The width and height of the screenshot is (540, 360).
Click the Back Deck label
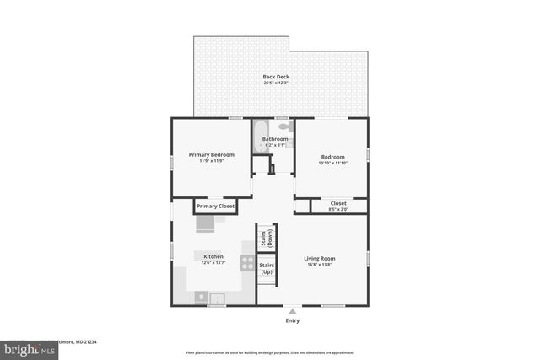click(x=276, y=77)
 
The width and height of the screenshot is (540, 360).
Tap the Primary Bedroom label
click(x=211, y=154)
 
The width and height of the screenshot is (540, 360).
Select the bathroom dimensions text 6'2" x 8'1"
click(x=276, y=145)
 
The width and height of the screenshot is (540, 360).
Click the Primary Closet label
click(x=214, y=206)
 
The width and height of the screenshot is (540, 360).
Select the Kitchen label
click(x=212, y=256)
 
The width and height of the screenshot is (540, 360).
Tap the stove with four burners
click(x=248, y=262)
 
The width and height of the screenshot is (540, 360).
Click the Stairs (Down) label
click(x=267, y=238)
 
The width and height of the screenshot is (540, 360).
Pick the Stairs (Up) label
click(x=267, y=269)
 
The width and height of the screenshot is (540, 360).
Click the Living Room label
click(x=320, y=258)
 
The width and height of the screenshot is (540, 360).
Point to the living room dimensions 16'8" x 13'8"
click(x=320, y=265)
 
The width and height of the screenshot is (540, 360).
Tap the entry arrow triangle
click(x=292, y=309)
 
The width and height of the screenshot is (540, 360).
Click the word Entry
click(x=292, y=320)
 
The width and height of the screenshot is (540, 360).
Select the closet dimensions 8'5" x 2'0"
click(x=337, y=209)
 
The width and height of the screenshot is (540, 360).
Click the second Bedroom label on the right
click(x=332, y=156)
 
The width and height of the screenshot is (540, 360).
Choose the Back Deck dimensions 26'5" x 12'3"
click(x=276, y=83)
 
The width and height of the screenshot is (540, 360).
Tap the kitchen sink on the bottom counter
click(x=216, y=297)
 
